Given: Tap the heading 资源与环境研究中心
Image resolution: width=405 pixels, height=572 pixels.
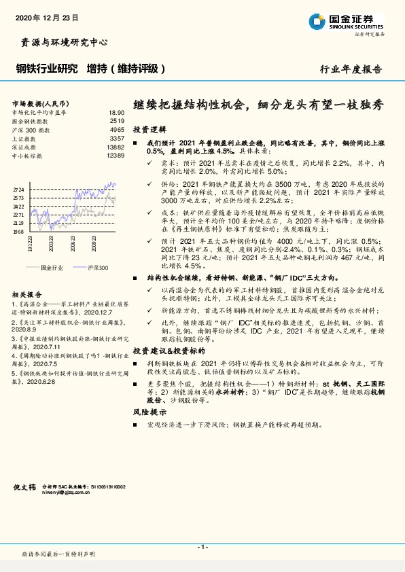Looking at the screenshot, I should [60, 42].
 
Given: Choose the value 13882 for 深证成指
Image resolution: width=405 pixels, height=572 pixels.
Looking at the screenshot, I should [115, 147].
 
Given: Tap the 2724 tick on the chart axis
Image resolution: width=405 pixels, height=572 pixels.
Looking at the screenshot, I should [18, 190].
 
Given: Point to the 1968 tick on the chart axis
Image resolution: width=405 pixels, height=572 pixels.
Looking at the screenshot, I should [18, 231].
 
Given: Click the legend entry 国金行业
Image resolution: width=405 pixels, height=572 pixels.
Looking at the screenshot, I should [51, 268].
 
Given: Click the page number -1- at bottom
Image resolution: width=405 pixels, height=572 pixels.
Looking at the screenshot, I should [202, 547].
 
